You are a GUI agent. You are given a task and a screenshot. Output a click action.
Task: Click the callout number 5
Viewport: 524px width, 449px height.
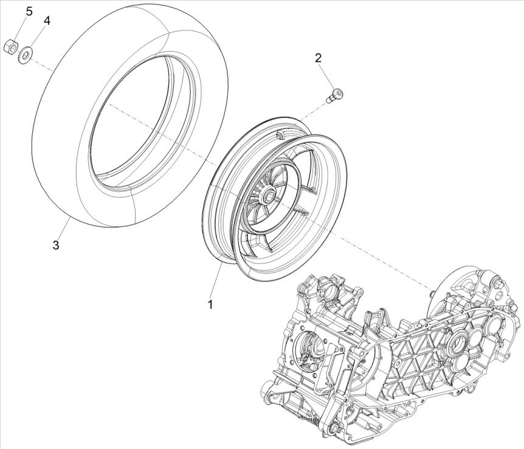coord(29,11)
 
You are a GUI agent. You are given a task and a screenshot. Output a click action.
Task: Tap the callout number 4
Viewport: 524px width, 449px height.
coord(47,20)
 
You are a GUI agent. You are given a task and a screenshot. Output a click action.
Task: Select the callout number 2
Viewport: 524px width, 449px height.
coord(318,58)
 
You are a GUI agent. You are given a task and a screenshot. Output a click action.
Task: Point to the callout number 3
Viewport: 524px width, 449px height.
coord(55,245)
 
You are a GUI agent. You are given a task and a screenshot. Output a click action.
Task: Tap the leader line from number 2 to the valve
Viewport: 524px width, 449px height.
coord(327,76)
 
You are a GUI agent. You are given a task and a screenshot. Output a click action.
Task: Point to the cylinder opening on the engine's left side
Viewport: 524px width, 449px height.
coord(309,348)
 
